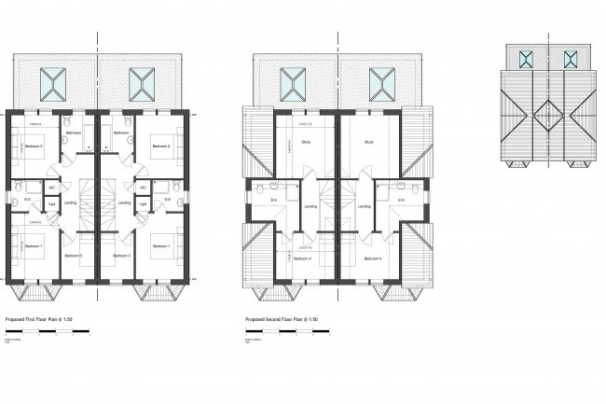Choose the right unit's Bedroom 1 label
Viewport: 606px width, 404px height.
tap(160, 245)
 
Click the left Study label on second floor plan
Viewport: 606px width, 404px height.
tap(306, 142)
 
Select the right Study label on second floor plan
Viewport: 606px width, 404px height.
tap(368, 142)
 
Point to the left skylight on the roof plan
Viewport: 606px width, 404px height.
tap(528, 58)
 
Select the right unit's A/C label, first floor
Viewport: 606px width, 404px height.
tap(142, 186)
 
